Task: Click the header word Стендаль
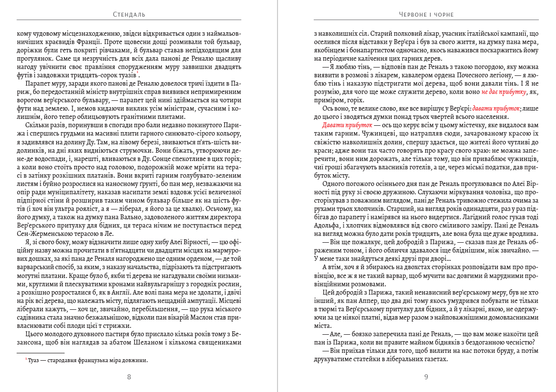click(x=129, y=15)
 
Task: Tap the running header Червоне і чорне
click(x=426, y=15)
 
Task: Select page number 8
click(x=129, y=377)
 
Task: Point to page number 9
click(x=426, y=377)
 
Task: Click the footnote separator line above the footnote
click(x=40, y=353)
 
